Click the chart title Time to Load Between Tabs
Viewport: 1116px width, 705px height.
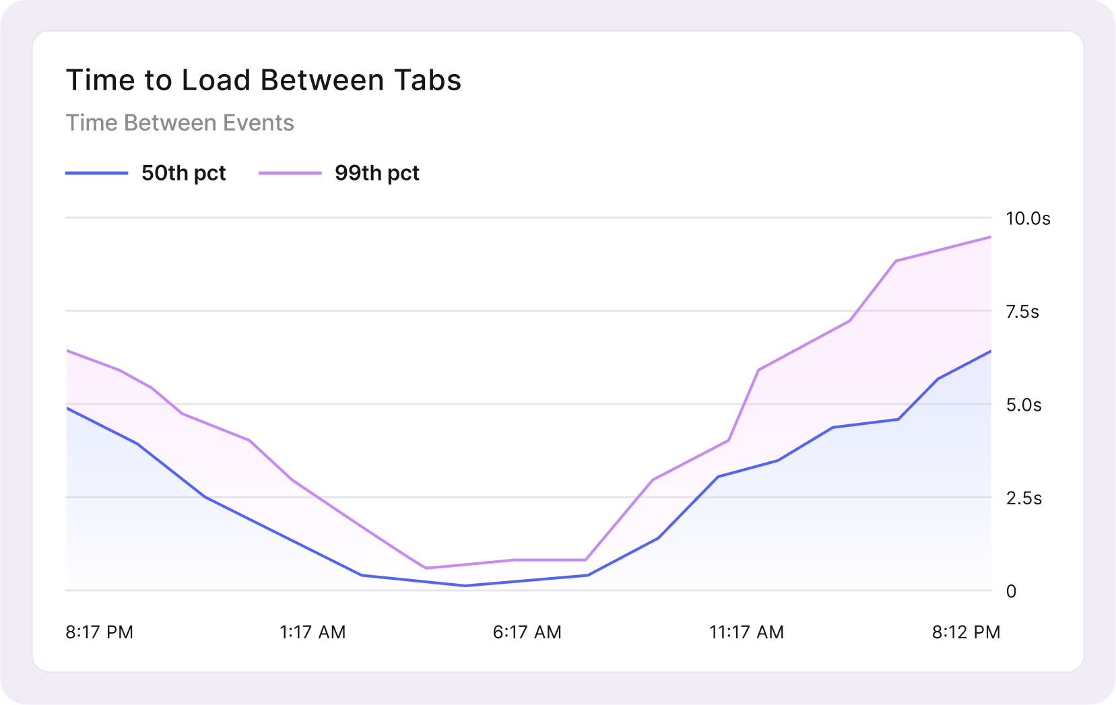pos(263,80)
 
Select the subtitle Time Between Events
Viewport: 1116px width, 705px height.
pos(180,123)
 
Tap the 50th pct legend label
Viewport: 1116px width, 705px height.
pos(183,173)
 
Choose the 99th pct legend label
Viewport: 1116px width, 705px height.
pos(376,173)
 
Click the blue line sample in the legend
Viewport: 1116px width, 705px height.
pos(96,173)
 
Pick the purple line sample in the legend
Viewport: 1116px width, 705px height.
pos(290,173)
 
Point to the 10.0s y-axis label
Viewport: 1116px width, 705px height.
pos(1028,218)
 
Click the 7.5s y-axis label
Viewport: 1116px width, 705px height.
pos(1022,312)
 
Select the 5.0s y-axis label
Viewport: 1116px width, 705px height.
pos(1024,405)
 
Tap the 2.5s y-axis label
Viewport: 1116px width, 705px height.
pos(1024,498)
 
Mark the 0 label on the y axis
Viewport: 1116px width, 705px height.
pos(1011,591)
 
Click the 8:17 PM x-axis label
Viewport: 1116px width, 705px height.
pos(99,632)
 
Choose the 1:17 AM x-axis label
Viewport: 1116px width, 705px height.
pos(313,632)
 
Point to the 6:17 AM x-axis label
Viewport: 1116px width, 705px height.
pos(527,632)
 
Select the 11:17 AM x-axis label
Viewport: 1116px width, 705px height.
pos(746,632)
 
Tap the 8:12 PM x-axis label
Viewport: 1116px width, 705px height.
pos(966,632)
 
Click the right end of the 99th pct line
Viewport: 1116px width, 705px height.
pos(990,237)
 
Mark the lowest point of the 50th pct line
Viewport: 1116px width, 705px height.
pos(465,585)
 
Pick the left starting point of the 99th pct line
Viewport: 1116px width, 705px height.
pos(67,351)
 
